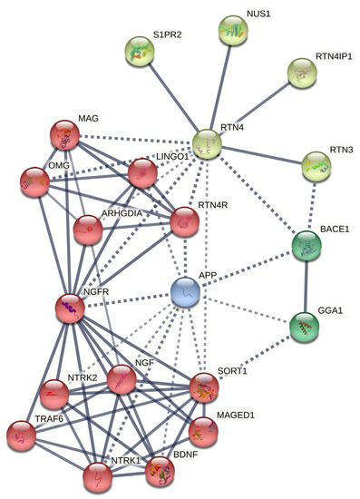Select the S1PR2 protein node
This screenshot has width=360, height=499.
[141, 51]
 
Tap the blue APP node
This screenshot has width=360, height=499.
[185, 291]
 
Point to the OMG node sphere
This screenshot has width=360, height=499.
[34, 181]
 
